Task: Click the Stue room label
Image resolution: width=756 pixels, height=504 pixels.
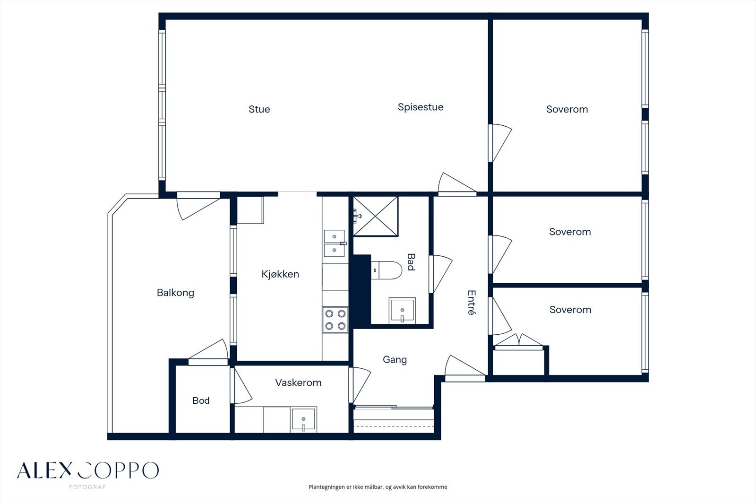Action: tap(259, 109)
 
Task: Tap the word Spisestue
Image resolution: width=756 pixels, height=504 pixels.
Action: tap(421, 107)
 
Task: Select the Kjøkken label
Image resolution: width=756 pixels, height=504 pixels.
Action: tap(280, 274)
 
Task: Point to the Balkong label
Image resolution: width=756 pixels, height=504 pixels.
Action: tap(175, 293)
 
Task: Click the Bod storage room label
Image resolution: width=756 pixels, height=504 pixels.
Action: tap(201, 400)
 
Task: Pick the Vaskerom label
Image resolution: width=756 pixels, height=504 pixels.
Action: tap(298, 383)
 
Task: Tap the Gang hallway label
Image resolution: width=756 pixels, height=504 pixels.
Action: tap(395, 360)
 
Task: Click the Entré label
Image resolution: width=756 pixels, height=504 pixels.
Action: tap(472, 302)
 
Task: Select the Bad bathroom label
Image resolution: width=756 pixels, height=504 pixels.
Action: tap(411, 262)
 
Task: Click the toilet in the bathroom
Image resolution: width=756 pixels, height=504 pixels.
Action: tap(387, 270)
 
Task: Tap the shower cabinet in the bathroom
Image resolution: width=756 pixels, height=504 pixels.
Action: tap(376, 216)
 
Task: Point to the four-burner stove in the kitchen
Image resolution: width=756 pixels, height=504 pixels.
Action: tap(335, 320)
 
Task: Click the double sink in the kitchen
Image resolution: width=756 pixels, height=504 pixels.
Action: tap(335, 243)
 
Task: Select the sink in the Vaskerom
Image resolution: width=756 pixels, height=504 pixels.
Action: tap(303, 420)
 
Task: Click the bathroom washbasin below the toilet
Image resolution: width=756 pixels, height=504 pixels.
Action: tap(402, 311)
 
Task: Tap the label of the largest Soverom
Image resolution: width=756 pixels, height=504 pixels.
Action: tap(567, 109)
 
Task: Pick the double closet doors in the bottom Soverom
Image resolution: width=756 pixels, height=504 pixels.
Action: tap(518, 340)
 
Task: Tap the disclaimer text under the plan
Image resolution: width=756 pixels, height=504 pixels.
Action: tap(378, 487)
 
